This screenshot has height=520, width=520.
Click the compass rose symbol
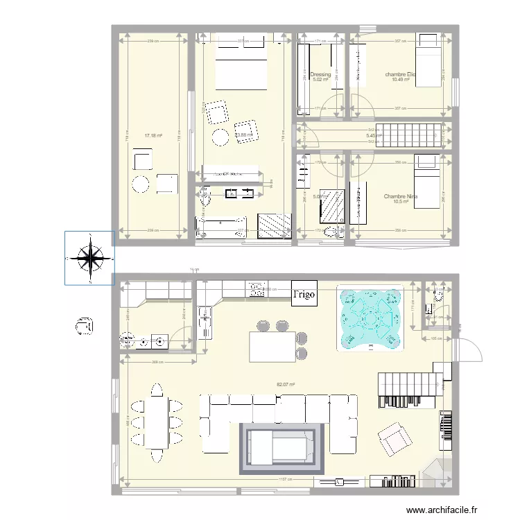click(x=90, y=258)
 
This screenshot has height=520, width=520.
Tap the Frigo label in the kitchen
click(x=304, y=293)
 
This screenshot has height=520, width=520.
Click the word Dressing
click(x=320, y=74)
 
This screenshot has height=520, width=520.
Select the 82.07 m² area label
click(x=286, y=384)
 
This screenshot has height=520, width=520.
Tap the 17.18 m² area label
click(x=153, y=136)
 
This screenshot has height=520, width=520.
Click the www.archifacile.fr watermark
click(x=442, y=510)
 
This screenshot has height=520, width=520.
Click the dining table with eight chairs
click(x=157, y=422)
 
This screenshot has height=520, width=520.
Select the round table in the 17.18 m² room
click(x=141, y=184)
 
